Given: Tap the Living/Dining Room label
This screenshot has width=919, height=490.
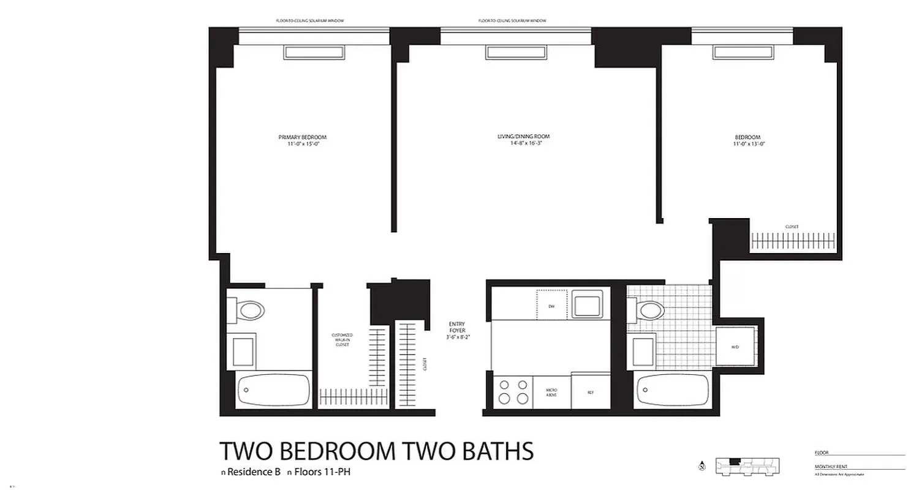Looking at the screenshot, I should tap(523, 136).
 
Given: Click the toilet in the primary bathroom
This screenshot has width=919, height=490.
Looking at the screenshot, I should tap(248, 309).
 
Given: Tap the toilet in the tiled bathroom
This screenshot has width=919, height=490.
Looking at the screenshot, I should tap(649, 310).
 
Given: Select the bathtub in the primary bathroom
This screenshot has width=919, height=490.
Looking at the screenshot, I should tap(273, 390).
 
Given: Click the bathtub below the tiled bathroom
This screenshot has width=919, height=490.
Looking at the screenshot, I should tap(673, 390).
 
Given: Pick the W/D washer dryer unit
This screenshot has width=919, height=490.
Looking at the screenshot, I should tap(735, 347).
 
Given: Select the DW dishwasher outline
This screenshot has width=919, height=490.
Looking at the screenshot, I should tap(551, 304).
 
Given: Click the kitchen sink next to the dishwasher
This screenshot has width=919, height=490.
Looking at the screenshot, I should tap(588, 304).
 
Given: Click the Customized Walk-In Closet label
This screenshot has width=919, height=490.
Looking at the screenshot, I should tap(342, 340).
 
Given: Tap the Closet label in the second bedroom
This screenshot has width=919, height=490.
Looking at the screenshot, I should tap(792, 227).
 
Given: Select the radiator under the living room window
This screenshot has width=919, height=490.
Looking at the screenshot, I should tap(515, 53).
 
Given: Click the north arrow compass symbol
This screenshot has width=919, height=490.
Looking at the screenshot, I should tap(702, 467).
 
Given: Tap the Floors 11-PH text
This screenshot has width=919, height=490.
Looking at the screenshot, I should tap(322, 472).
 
